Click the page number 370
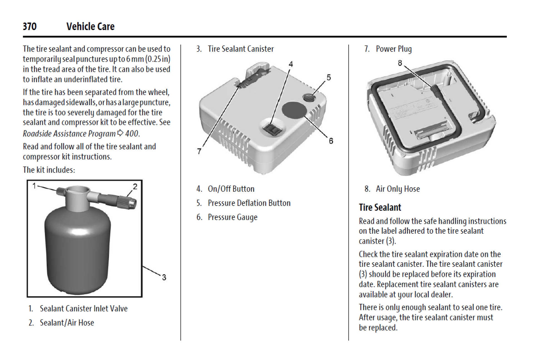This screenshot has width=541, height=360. [x=29, y=27]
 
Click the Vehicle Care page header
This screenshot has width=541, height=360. [x=90, y=27]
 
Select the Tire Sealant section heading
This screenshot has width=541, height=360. [x=380, y=208]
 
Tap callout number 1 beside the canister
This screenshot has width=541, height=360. [x=34, y=186]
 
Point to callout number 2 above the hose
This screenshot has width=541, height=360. [x=135, y=186]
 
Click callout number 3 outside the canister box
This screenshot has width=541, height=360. [x=164, y=277]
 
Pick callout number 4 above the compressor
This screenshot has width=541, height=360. [x=291, y=64]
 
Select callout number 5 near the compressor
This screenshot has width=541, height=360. [x=329, y=77]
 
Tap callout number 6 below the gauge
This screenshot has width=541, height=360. [x=331, y=141]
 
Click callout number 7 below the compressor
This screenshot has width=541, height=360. [x=199, y=151]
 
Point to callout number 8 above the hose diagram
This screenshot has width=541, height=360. [x=400, y=63]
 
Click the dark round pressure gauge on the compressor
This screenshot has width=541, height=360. [x=294, y=110]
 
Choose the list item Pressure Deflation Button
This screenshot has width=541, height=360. [x=249, y=203]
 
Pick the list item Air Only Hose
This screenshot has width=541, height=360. [x=398, y=189]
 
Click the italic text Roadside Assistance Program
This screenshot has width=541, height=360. [x=69, y=134]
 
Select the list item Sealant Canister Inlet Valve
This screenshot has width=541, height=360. [x=83, y=309]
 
